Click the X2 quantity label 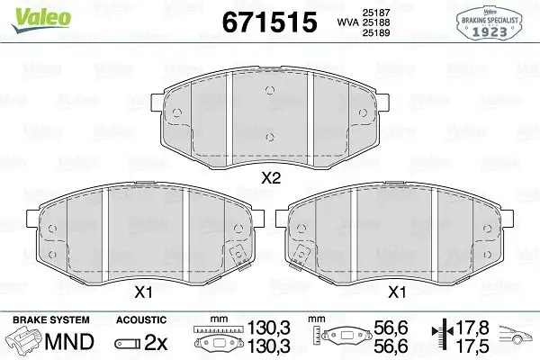pos(271,179)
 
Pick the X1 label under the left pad pos(145,292)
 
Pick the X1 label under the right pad pos(396,292)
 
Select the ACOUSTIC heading pos(141,319)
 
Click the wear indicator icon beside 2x pos(128,343)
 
